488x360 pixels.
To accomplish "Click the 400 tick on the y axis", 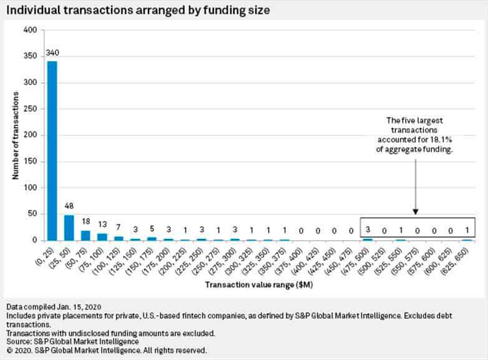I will tap(30, 30).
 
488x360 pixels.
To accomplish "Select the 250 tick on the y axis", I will tap(30, 109).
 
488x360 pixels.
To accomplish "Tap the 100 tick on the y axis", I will tap(30, 187).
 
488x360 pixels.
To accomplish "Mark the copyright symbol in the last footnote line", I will tap(9, 351).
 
